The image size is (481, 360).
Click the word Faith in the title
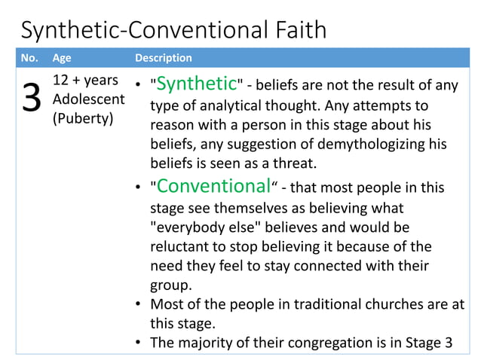click(297, 30)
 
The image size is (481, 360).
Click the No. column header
click(29, 58)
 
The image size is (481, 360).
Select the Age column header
click(61, 58)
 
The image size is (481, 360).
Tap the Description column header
click(163, 58)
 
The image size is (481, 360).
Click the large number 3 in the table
click(32, 99)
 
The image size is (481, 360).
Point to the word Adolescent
click(88, 101)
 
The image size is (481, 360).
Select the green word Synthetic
click(196, 83)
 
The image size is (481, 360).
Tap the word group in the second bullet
click(170, 285)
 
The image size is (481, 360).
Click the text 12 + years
click(86, 81)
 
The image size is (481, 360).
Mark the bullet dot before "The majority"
click(139, 343)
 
